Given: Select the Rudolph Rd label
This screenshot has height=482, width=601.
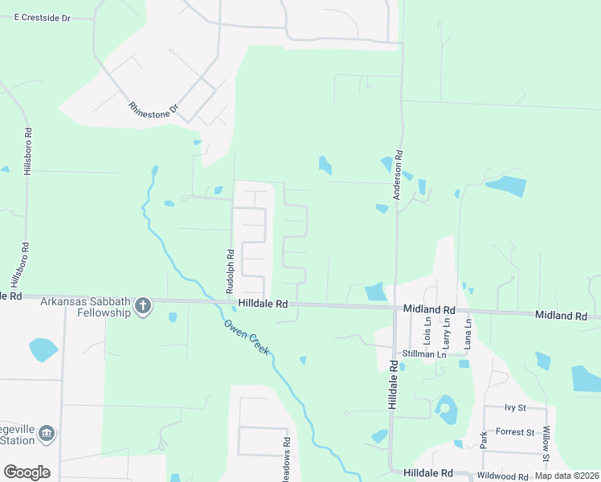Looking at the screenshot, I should tap(230, 269).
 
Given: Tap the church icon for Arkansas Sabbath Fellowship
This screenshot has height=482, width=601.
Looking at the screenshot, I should tap(143, 305).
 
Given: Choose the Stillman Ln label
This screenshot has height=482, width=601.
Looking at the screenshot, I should tap(424, 353).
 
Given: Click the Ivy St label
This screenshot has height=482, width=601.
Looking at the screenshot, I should tap(514, 408).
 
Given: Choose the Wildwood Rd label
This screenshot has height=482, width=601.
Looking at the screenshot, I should tap(501, 476).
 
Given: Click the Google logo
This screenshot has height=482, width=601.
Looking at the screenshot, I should tap(27, 472).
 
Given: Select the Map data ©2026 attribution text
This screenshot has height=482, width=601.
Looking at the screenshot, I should tap(566, 476).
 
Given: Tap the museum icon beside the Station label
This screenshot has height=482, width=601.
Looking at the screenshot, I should tap(47, 434).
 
